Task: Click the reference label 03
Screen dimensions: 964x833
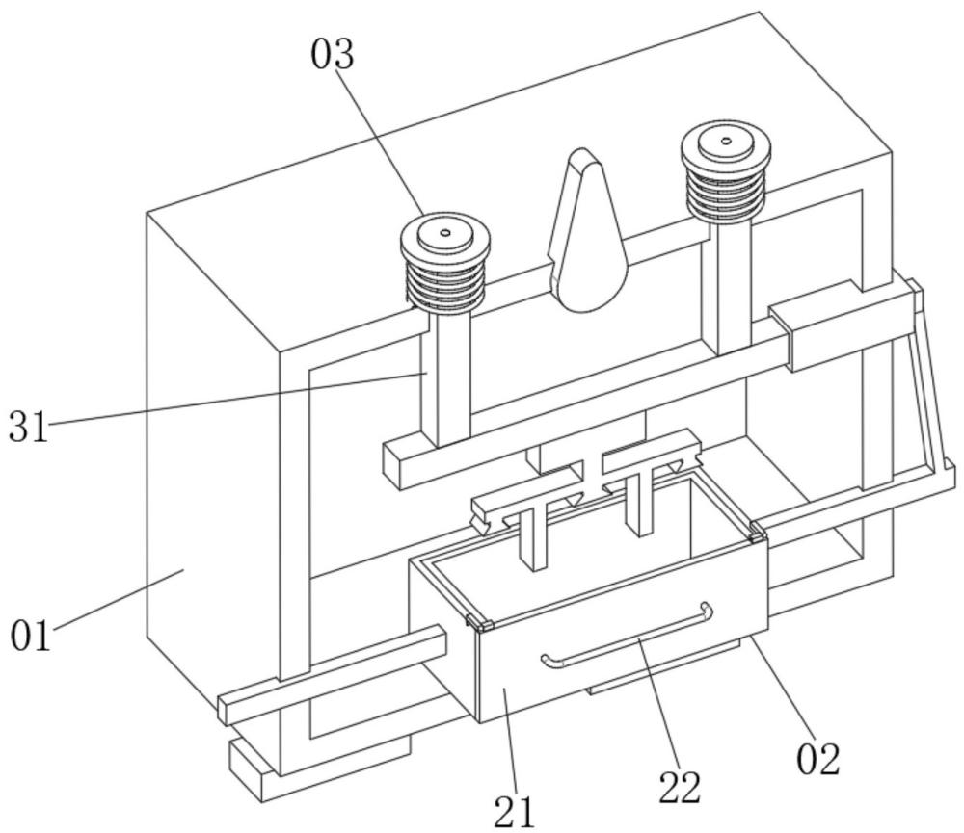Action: coord(333,55)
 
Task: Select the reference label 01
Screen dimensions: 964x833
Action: coord(31,637)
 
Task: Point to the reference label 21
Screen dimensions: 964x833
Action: coord(515,812)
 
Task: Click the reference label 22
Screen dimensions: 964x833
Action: coord(680,788)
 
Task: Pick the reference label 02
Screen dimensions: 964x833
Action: coord(818,759)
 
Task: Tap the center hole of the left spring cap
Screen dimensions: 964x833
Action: coord(445,233)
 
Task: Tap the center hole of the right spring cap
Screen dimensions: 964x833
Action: coord(726,141)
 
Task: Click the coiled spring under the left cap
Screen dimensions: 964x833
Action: coord(445,282)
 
